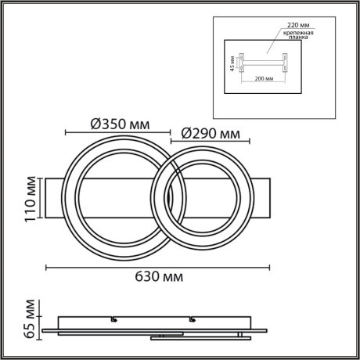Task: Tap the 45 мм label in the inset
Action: click(x=232, y=62)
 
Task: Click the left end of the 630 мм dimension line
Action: click(x=45, y=268)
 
